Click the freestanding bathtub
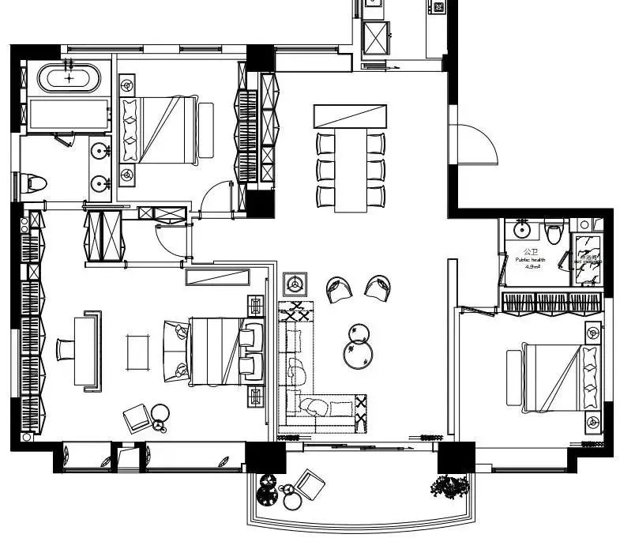coord(70,77)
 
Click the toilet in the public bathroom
coord(554,233)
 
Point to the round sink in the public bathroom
coord(520,231)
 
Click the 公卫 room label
coord(530,251)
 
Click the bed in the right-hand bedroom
coord(553,378)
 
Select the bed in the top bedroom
coord(162,129)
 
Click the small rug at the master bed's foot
coord(139,352)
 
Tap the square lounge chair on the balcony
coord(310,485)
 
